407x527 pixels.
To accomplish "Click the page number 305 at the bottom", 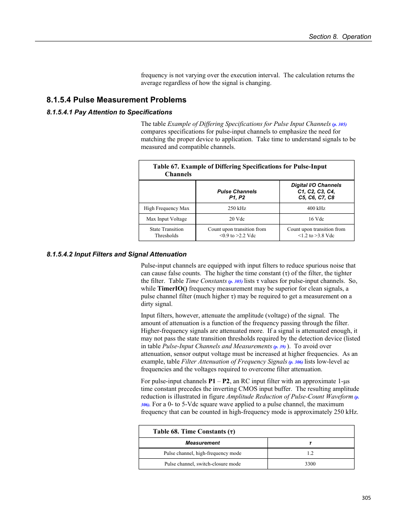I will click(366, 498).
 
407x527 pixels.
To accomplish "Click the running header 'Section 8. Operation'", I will click(340, 37).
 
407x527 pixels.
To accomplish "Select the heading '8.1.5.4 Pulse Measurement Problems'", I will click(116, 100).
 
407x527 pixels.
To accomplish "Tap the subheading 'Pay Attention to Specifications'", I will click(123, 112).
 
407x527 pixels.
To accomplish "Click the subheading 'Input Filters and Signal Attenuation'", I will click(130, 254).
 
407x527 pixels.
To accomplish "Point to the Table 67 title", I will click(239, 170).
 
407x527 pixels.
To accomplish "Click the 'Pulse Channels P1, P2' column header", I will click(237, 195).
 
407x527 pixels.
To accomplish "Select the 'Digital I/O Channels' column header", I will click(316, 191).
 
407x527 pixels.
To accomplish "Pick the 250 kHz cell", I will click(237, 208).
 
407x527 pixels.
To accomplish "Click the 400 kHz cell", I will click(316, 208).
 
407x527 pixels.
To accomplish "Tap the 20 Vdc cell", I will click(237, 219).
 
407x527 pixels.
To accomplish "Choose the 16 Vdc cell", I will click(316, 219).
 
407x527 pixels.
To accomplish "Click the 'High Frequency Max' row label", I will click(166, 208).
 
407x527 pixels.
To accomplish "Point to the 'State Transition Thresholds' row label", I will click(166, 233).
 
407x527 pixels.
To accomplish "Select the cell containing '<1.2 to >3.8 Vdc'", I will click(316, 236).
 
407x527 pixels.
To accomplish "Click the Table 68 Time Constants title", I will click(194, 431).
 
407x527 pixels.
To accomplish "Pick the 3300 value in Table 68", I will click(310, 464).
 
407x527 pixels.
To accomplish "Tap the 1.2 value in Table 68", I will click(310, 453).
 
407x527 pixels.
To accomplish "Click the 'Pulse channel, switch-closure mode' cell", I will click(203, 464).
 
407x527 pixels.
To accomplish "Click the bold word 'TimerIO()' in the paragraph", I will click(172, 289).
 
